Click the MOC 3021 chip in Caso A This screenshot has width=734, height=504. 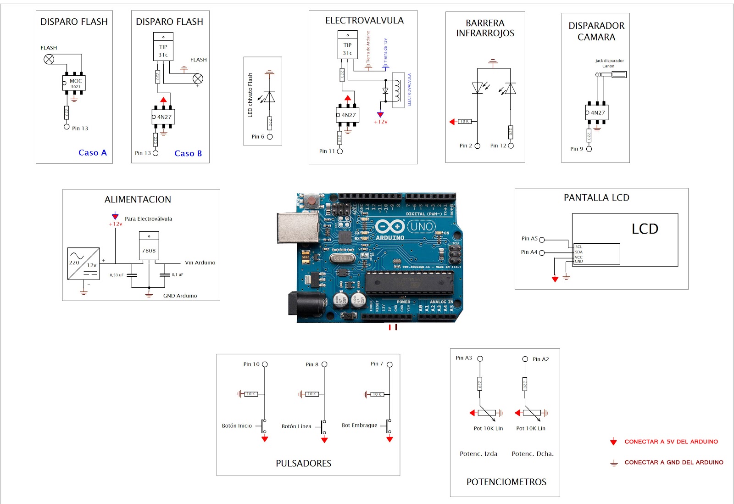tap(74, 83)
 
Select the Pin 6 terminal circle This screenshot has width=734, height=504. tap(270, 137)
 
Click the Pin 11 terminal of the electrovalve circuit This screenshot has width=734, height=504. tap(340, 151)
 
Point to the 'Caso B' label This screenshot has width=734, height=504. tap(188, 153)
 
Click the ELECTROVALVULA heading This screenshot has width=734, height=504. tap(364, 21)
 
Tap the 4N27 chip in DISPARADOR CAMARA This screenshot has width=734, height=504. tap(597, 112)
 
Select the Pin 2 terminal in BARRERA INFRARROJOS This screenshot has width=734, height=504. tap(478, 146)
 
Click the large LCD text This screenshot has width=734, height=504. tap(645, 229)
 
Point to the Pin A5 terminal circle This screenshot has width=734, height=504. tap(542, 240)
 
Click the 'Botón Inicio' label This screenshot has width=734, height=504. tap(237, 426)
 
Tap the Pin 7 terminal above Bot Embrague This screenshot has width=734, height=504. tap(389, 364)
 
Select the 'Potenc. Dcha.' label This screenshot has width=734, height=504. tap(533, 454)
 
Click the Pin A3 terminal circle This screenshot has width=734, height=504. tap(480, 358)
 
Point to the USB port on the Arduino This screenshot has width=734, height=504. tap(298, 227)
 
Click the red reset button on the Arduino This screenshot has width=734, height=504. tap(312, 201)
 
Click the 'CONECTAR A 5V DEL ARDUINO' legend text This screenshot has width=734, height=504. tap(671, 442)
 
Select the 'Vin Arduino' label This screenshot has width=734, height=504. tap(200, 263)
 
